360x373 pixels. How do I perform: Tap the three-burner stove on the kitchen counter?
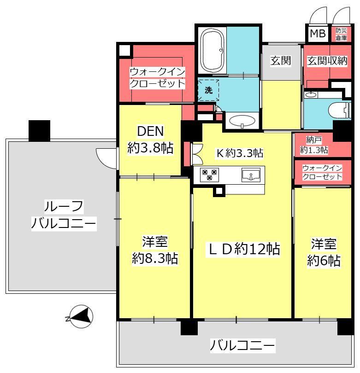pyautogui.click(x=209, y=175)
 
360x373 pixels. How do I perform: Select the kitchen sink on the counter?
pyautogui.click(x=251, y=175)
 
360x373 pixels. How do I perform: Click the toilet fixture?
pyautogui.click(x=340, y=111)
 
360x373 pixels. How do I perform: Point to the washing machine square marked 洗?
pyautogui.click(x=208, y=90)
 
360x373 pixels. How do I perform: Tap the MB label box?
pyautogui.click(x=318, y=34)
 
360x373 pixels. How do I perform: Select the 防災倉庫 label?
pyautogui.click(x=341, y=34)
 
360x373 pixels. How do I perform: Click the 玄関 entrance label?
pyautogui.click(x=281, y=61)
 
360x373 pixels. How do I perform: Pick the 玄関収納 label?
pyautogui.click(x=327, y=61)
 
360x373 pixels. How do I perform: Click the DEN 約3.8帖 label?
pyautogui.click(x=150, y=140)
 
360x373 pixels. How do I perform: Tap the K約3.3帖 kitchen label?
pyautogui.click(x=240, y=153)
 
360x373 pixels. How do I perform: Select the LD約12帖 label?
pyautogui.click(x=244, y=249)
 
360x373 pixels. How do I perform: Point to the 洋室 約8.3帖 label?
pyautogui.click(x=155, y=250)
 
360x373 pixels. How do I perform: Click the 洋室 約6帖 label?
pyautogui.click(x=324, y=252)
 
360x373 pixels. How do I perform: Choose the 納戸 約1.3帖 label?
pyautogui.click(x=314, y=145)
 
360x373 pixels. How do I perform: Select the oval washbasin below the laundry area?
pyautogui.click(x=242, y=121)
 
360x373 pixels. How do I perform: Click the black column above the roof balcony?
pyautogui.click(x=39, y=131)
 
